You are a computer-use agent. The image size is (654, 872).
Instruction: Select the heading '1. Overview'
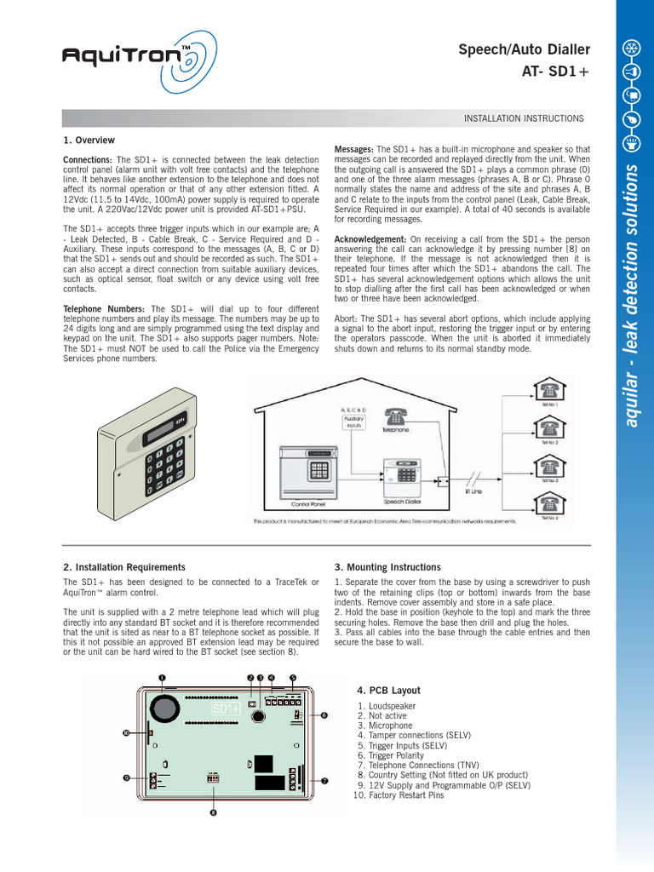[x=89, y=141]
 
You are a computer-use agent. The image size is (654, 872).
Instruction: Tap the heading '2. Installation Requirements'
[x=124, y=567]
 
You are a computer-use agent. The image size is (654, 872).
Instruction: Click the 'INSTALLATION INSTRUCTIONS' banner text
[x=524, y=118]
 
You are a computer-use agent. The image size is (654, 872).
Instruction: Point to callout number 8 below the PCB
[x=213, y=812]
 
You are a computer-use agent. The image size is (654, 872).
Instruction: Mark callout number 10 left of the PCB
[x=125, y=732]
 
